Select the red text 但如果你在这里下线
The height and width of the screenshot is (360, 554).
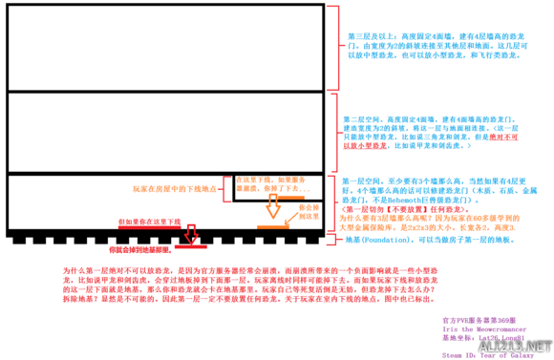[148, 221]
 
